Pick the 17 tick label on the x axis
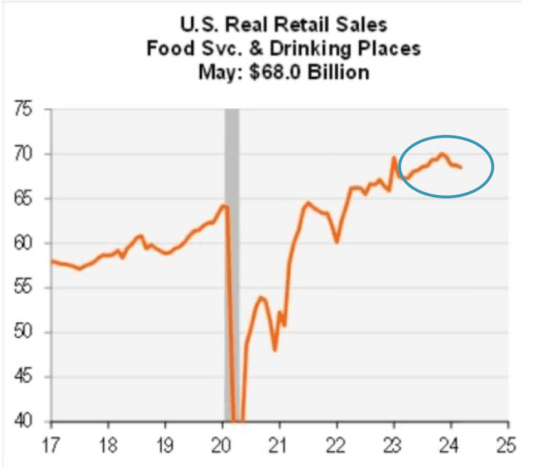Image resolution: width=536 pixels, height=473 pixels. tap(51, 444)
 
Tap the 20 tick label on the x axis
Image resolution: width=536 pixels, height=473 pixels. tap(223, 444)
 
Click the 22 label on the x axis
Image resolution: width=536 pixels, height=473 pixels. tap(338, 444)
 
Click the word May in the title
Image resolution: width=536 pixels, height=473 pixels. tap(219, 71)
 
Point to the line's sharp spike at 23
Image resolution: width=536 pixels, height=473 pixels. tap(394, 158)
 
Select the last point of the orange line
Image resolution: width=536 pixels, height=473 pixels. tap(461, 167)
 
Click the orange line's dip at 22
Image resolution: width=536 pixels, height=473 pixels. tap(337, 241)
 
